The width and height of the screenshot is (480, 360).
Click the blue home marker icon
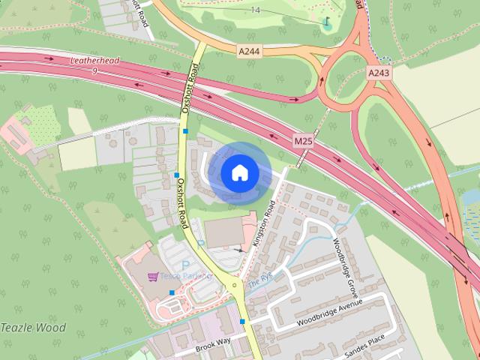click(x=238, y=172)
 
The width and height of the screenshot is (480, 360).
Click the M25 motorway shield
click(x=303, y=140)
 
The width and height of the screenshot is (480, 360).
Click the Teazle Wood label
click(x=33, y=328)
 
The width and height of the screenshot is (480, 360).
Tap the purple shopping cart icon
click(x=153, y=276)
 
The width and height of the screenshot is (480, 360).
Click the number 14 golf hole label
click(x=256, y=10)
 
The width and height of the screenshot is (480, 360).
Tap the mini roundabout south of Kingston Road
click(x=235, y=285)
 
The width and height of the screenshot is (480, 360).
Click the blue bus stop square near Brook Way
click(x=242, y=322)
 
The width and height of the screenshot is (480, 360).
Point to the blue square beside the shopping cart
click(x=172, y=292)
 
